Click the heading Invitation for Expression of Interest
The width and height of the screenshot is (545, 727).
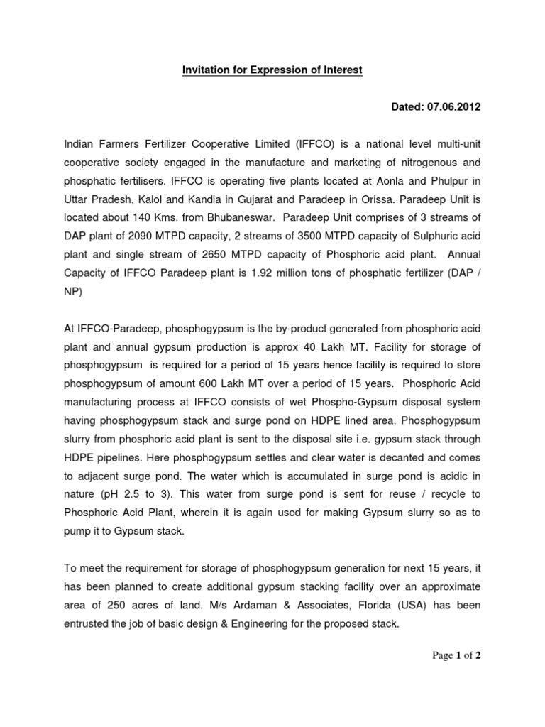pyautogui.click(x=272, y=70)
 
